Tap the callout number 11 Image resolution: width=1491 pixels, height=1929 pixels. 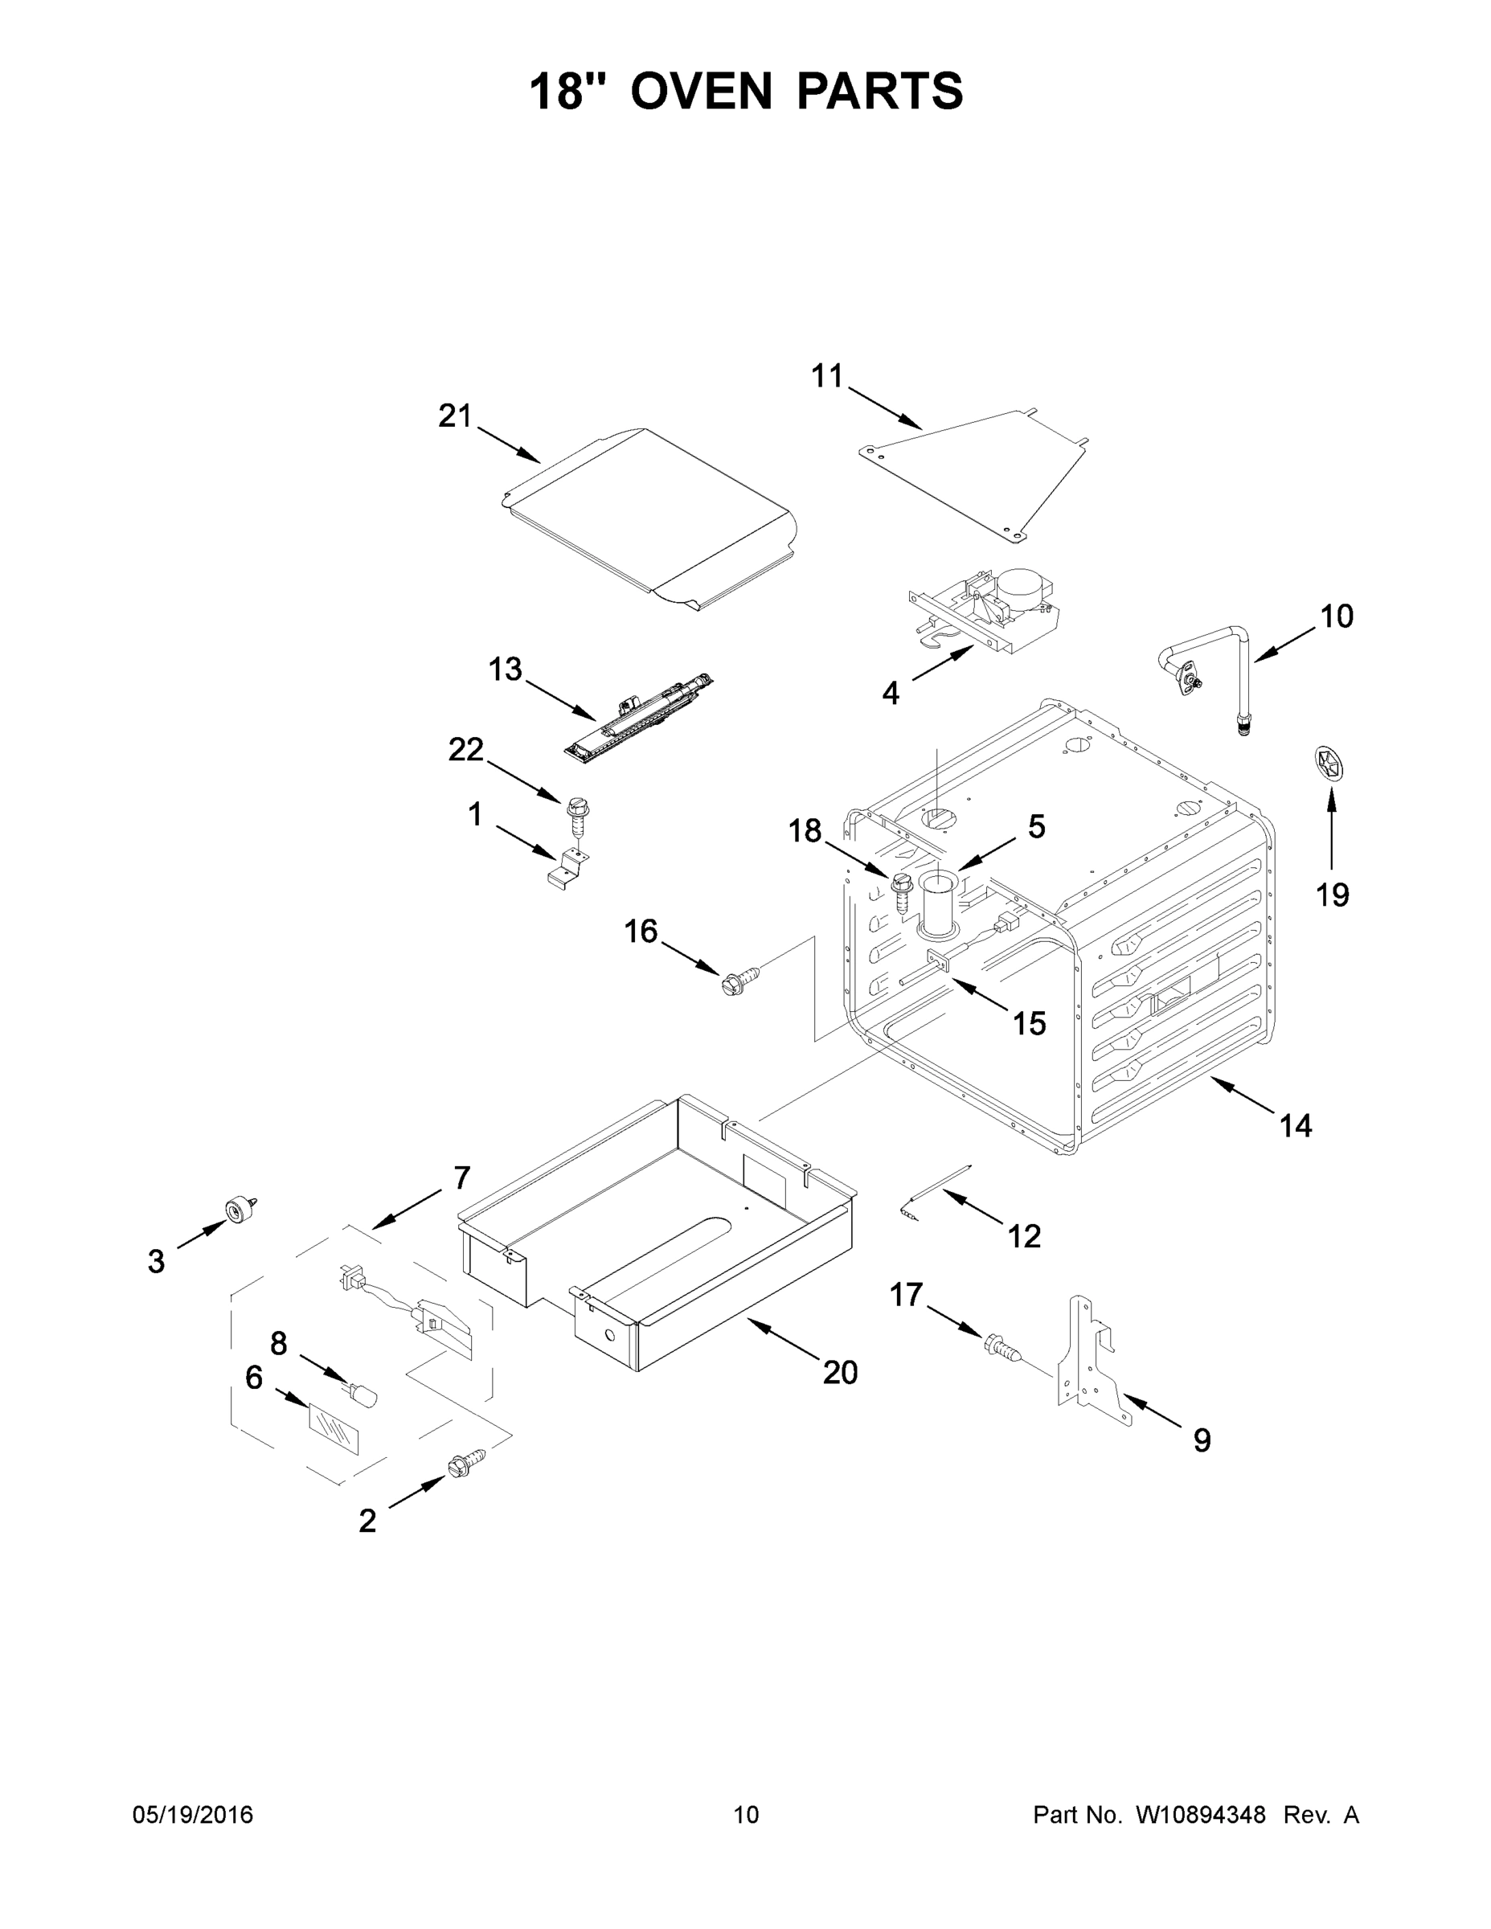828,376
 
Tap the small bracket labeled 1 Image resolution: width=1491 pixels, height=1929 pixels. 564,866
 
